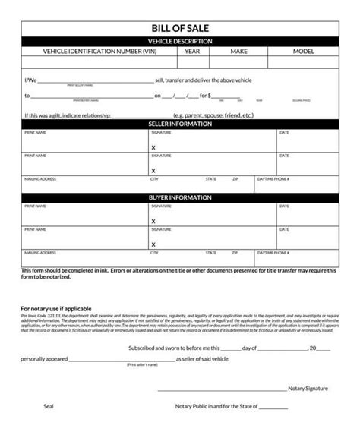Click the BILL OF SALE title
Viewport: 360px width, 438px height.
pos(179,28)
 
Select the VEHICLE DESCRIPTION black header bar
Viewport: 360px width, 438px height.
pos(179,41)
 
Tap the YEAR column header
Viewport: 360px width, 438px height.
pos(191,52)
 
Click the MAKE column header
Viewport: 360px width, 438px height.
pos(240,52)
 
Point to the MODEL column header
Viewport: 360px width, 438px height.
pos(304,52)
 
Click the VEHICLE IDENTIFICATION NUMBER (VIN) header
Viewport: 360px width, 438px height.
pos(100,52)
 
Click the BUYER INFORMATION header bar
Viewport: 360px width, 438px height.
pos(179,196)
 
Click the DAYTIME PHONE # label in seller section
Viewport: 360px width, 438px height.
pos(273,180)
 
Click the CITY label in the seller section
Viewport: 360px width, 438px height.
pos(154,180)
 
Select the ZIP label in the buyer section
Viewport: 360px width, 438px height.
pos(235,251)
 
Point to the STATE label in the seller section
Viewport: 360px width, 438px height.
pos(210,180)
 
